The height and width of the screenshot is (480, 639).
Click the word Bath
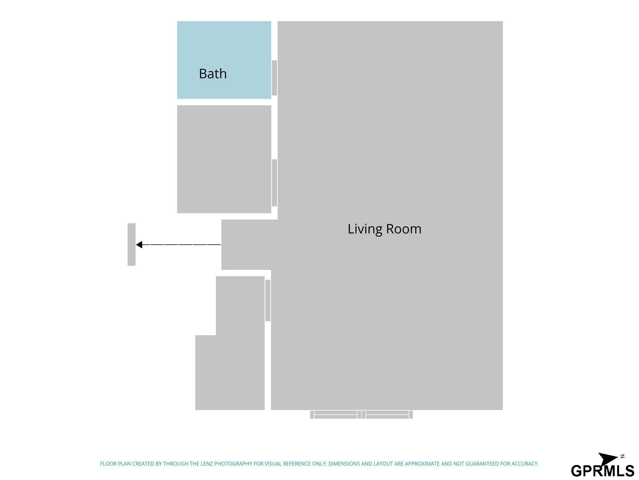click(213, 74)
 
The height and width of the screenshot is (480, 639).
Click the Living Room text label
click(384, 229)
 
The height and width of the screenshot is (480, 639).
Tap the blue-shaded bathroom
click(224, 60)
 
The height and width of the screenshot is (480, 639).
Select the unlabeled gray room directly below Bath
click(224, 159)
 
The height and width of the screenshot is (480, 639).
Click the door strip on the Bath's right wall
click(275, 78)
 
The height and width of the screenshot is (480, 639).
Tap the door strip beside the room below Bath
click(275, 183)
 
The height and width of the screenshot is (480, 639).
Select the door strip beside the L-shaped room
click(268, 300)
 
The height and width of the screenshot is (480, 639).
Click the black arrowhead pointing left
click(139, 245)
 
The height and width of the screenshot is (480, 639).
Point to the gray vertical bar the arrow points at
click(132, 244)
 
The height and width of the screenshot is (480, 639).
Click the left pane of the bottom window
click(335, 415)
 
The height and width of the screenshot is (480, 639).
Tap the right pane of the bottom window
click(387, 415)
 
